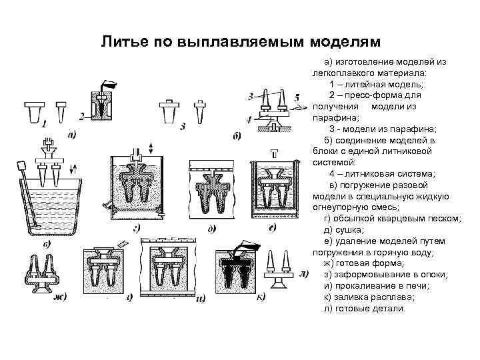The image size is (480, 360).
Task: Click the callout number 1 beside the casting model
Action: coord(43,124)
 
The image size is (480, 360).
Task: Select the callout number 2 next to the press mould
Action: coord(81,117)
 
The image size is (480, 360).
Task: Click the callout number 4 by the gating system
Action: coord(249,120)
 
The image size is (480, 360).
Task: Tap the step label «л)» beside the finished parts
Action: coord(304,273)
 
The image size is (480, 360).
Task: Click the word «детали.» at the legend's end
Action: coord(389,309)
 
